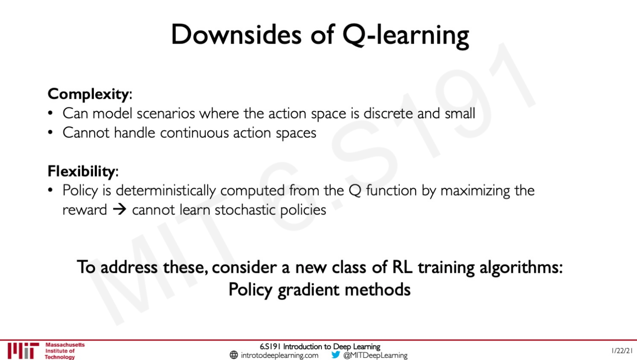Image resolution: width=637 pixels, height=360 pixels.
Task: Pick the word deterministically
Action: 166,191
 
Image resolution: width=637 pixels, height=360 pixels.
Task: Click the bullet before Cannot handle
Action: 50,133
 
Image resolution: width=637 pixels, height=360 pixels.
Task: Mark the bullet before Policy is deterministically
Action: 50,191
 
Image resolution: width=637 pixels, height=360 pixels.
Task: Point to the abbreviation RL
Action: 402,267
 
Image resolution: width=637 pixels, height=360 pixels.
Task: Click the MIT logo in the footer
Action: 23,351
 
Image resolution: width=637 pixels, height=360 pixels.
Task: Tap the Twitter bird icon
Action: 336,355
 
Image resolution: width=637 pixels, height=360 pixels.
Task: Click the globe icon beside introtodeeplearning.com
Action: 234,355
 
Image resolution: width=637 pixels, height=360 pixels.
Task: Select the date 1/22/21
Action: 622,351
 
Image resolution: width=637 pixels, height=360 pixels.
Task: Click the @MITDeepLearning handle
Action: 375,355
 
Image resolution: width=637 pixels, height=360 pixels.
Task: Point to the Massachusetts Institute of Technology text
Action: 64,351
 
